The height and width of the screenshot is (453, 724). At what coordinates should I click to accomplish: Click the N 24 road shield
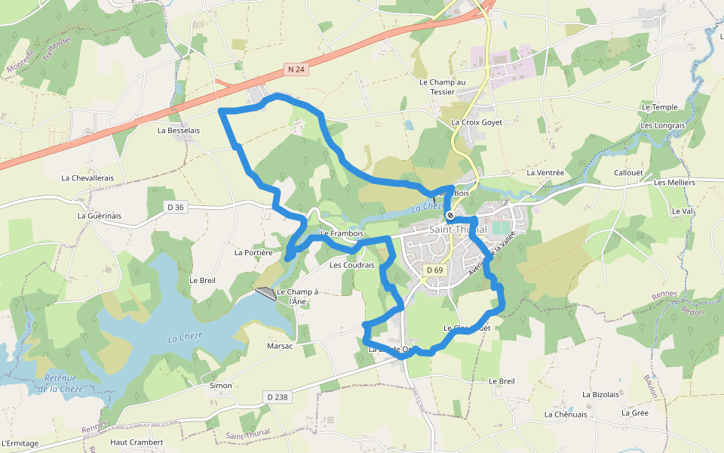click(x=296, y=69)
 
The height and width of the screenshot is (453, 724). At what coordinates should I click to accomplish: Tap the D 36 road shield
click(x=174, y=207)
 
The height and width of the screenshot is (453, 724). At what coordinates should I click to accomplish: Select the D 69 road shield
click(x=434, y=270)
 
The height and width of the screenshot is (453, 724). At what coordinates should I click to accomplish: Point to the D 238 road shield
click(x=278, y=396)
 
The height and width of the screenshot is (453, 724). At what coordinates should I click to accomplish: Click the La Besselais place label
click(x=179, y=130)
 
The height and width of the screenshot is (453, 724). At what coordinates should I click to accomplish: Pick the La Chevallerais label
click(x=87, y=178)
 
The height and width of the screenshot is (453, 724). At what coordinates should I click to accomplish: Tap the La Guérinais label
click(x=100, y=216)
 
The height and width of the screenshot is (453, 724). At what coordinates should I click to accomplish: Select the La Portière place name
click(x=253, y=253)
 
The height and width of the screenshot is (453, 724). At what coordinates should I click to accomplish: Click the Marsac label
click(x=280, y=346)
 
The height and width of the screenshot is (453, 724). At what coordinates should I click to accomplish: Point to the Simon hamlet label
click(x=221, y=386)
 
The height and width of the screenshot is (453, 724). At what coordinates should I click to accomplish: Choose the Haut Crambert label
click(x=137, y=442)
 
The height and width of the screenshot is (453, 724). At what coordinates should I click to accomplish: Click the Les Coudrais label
click(x=352, y=265)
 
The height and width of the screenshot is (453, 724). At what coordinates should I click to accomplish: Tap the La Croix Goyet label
click(x=477, y=122)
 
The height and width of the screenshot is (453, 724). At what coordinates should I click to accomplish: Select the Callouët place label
click(x=628, y=172)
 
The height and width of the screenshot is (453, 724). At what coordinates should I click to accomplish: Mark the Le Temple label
click(x=660, y=107)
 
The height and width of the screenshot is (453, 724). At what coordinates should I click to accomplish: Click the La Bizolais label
click(x=600, y=394)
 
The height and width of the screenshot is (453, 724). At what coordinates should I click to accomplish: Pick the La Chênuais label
click(x=565, y=414)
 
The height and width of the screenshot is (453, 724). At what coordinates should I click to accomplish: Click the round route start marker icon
click(x=450, y=216)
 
